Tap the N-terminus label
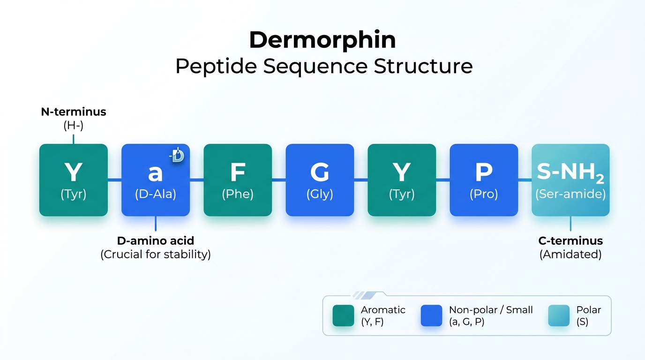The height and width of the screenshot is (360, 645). tap(73, 112)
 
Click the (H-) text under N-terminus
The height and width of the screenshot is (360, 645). tap(73, 125)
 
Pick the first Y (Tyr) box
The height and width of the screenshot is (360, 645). tap(74, 180)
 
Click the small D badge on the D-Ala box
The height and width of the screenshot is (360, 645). tap(178, 156)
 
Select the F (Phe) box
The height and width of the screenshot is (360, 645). tap(238, 180)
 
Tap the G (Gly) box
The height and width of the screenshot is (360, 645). tap(320, 180)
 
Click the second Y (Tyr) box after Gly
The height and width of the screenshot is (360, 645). tap(402, 180)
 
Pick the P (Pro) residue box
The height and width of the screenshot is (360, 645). tap(484, 180)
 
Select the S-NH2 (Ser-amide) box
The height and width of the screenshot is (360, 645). tap(570, 180)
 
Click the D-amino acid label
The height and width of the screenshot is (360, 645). tap(155, 241)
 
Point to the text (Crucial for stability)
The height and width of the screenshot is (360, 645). tap(155, 255)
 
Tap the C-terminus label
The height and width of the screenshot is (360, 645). tap(570, 241)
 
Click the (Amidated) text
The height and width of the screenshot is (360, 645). tap(570, 255)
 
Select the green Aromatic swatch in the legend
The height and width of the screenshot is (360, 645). tap(343, 315)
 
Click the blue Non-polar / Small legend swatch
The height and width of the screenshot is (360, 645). tap(431, 315)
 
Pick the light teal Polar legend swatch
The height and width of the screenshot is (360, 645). tap(559, 315)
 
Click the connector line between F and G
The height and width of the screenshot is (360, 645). tap(279, 180)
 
